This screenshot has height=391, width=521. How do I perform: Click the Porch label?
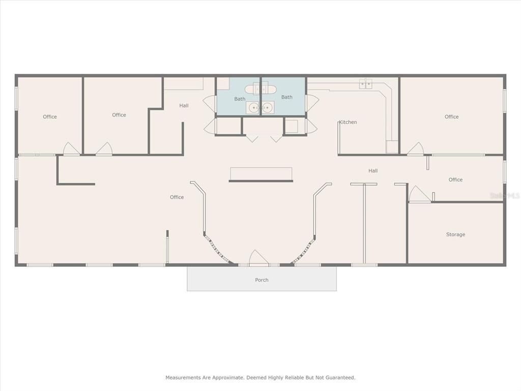click(x=262, y=280)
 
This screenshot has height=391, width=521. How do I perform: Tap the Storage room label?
click(x=455, y=235)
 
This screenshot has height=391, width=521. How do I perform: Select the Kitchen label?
click(x=348, y=122)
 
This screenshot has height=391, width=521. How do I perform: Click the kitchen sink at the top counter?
click(x=365, y=84)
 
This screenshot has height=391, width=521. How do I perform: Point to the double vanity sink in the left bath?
click(x=260, y=107)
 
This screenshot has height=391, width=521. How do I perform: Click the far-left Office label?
click(x=50, y=117)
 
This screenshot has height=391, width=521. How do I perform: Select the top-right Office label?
click(x=451, y=117)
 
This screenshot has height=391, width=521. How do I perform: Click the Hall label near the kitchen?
click(x=373, y=171)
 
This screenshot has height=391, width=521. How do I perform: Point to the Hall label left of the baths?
click(x=184, y=105)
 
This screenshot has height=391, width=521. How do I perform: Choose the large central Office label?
click(x=177, y=197)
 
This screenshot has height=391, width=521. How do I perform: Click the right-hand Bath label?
click(x=287, y=97)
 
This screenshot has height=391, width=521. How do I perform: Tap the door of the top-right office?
click(x=415, y=149)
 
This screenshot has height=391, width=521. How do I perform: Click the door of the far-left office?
click(x=71, y=149)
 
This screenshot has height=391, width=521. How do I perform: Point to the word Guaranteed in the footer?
click(x=338, y=378)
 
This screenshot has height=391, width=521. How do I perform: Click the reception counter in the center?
click(x=261, y=174)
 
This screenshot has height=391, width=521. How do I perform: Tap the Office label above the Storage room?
click(x=455, y=180)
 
